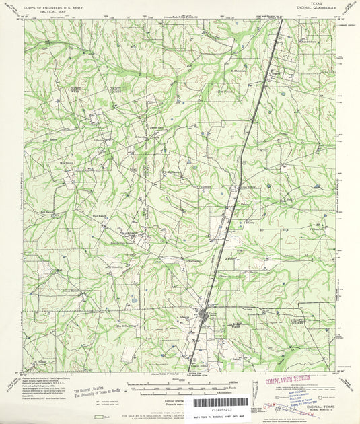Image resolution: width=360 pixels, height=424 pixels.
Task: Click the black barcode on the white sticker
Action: [221, 402]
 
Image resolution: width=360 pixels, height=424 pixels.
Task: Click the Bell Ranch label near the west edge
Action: [46, 211]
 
